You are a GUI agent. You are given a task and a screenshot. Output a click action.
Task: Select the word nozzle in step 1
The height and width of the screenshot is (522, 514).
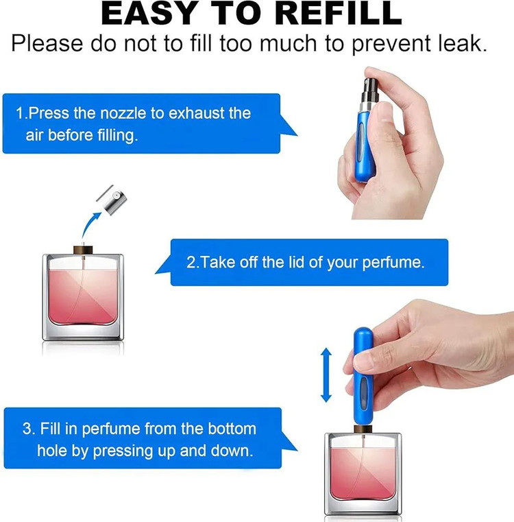pyautogui.click(x=123, y=113)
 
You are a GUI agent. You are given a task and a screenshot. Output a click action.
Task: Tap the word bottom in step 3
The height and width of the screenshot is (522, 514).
pyautogui.click(x=232, y=429)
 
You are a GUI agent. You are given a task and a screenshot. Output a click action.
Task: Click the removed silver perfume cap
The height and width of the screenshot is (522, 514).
pyautogui.click(x=112, y=200)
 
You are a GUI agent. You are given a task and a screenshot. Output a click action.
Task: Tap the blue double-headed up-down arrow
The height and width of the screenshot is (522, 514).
pyautogui.click(x=326, y=375)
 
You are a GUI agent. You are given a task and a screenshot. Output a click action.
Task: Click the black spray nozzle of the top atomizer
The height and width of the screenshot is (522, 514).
pyautogui.click(x=370, y=90)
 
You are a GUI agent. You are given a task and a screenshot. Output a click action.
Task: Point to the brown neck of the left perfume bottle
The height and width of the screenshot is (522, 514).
pyautogui.click(x=83, y=250)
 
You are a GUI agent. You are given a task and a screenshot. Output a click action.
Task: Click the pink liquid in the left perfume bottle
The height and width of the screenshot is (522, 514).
pyautogui.click(x=83, y=297)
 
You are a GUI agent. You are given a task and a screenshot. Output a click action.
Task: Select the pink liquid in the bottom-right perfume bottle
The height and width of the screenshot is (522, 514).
pyautogui.click(x=363, y=473)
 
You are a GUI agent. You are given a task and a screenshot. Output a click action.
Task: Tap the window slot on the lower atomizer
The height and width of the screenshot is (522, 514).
pyautogui.click(x=365, y=394)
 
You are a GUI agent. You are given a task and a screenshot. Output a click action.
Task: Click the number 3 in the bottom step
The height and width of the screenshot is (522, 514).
pyautogui.click(x=27, y=429)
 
